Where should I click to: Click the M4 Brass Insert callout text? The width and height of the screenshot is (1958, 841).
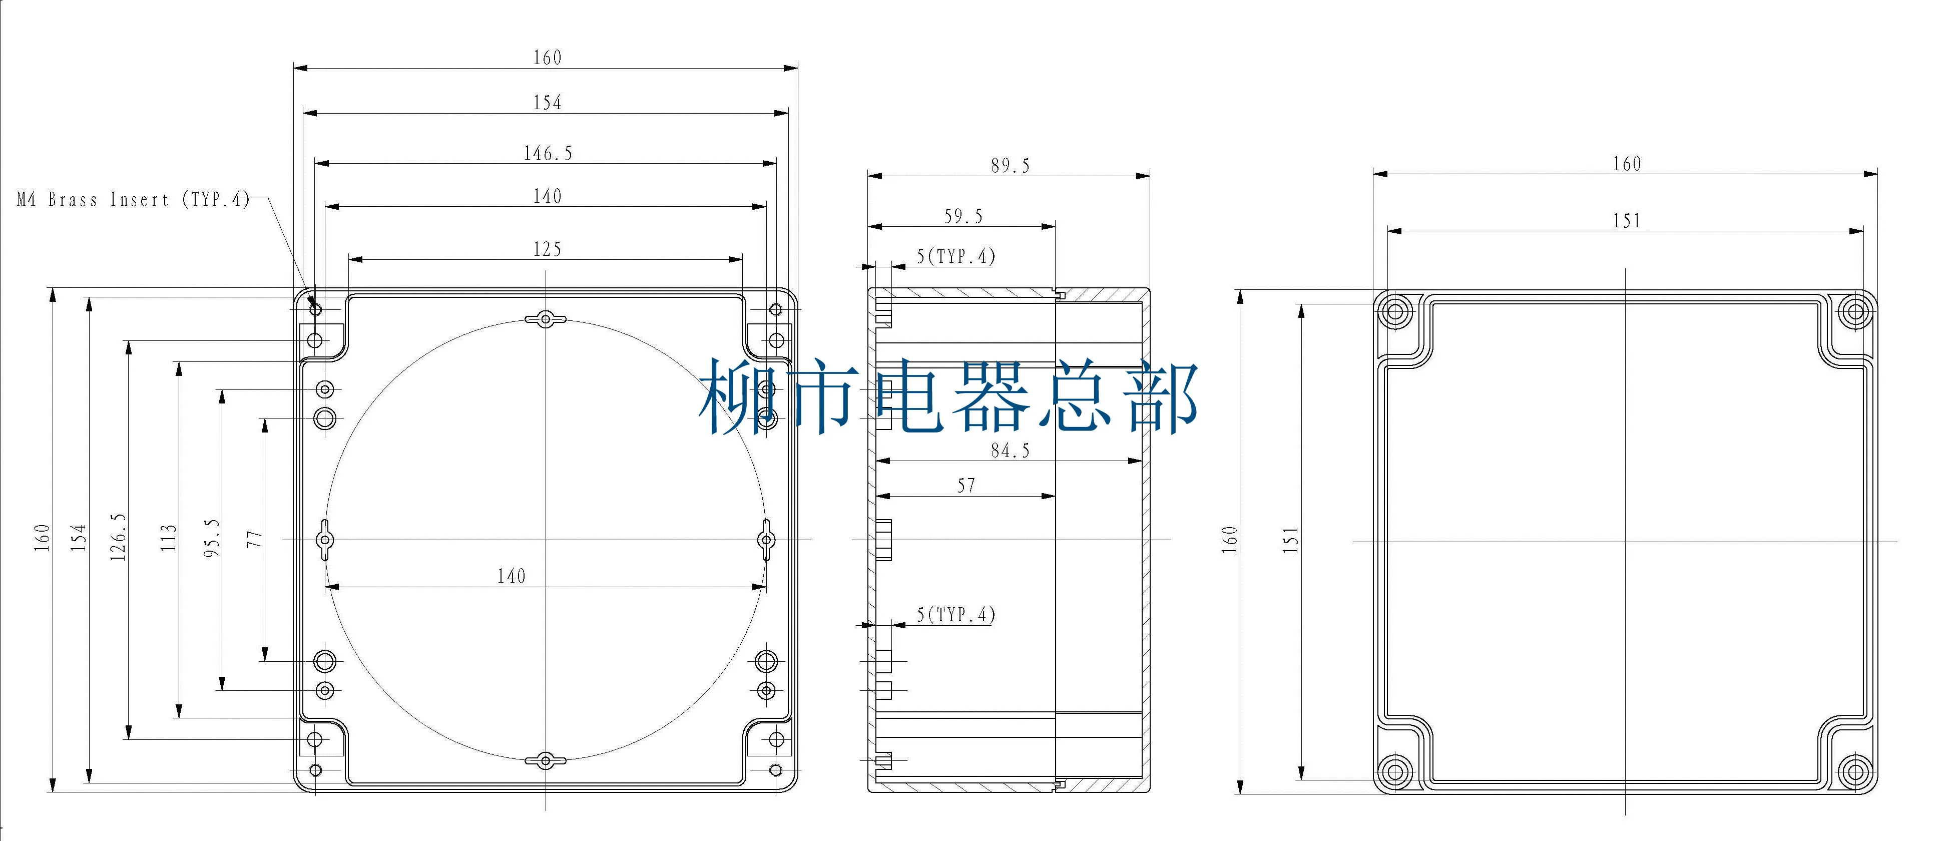click(x=133, y=199)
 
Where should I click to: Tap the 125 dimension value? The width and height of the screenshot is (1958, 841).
click(x=547, y=249)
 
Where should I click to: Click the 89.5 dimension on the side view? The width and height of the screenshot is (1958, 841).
click(x=1010, y=166)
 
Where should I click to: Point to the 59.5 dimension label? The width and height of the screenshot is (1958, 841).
click(x=963, y=217)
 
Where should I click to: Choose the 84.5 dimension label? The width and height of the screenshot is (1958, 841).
click(x=1010, y=451)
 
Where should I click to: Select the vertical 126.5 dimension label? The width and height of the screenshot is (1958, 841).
click(x=118, y=537)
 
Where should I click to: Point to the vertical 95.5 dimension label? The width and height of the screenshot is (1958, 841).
click(x=212, y=538)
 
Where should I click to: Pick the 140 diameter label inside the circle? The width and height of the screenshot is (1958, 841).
click(x=511, y=576)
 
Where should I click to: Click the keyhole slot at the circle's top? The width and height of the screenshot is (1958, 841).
click(x=546, y=319)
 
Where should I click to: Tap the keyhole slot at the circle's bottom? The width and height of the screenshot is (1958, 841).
click(x=546, y=760)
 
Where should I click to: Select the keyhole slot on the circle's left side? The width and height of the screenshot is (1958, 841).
click(x=325, y=540)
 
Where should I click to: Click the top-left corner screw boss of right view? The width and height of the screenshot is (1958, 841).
click(x=1395, y=311)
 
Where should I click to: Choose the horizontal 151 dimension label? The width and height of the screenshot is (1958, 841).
click(x=1627, y=221)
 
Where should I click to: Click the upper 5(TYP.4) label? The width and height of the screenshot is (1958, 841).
click(x=955, y=256)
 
